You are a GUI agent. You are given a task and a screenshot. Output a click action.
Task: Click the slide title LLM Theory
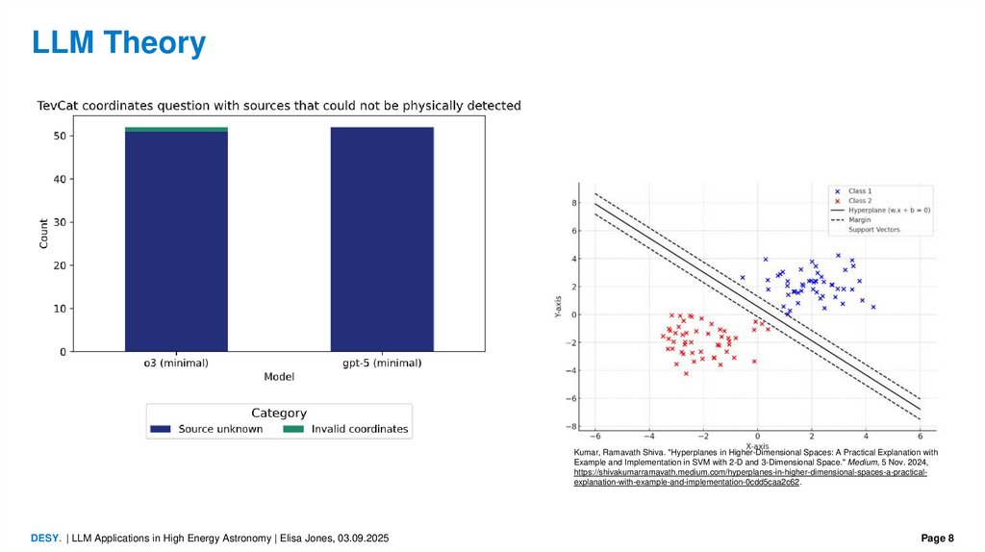[118, 43]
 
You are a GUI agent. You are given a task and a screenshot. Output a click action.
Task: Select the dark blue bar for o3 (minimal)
[176, 240]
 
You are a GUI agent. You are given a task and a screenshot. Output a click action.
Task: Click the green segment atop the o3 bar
[176, 129]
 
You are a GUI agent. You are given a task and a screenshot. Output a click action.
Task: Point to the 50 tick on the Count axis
[60, 137]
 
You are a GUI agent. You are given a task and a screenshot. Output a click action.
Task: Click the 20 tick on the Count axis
[60, 265]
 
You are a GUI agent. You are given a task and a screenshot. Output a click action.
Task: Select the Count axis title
[43, 234]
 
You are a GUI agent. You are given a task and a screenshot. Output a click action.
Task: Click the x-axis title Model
[279, 376]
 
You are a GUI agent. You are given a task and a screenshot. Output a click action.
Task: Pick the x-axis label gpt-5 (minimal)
[381, 363]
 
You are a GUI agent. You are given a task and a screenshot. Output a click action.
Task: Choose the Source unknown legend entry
[209, 429]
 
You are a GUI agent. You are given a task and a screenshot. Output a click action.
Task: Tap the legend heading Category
[279, 413]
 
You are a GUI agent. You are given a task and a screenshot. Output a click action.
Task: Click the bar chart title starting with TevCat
[279, 105]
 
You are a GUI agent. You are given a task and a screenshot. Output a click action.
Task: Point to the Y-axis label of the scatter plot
[558, 307]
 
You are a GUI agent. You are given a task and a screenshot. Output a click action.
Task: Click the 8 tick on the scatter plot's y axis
[574, 203]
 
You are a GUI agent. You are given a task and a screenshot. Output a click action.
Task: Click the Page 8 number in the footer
[937, 538]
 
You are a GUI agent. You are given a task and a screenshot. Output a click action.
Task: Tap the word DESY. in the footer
[46, 538]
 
